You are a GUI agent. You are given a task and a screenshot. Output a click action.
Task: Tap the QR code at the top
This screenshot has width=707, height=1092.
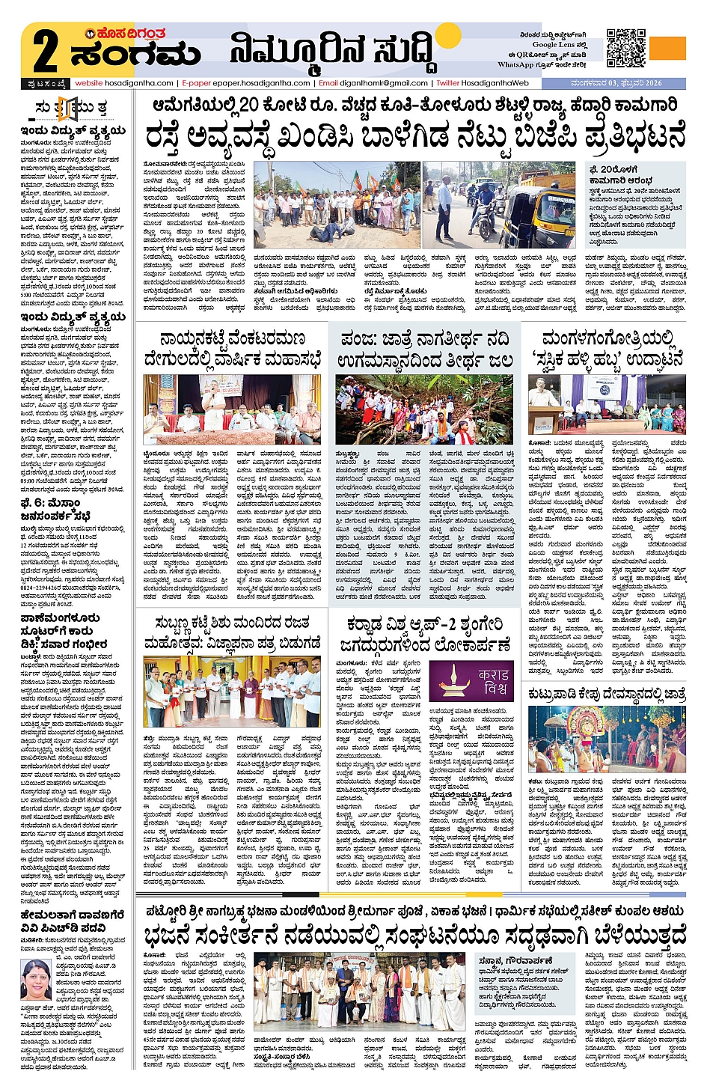click(x=625, y=48)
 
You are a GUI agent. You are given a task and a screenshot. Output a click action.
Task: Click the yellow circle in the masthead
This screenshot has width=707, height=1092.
click(x=447, y=37)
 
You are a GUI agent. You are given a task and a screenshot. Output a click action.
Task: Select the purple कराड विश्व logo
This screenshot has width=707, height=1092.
click(x=472, y=680)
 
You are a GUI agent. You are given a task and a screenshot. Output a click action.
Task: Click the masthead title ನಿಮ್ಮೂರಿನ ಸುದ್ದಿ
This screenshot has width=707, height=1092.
click(x=332, y=52)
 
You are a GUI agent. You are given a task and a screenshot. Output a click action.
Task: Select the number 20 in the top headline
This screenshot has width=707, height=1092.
click(x=249, y=104)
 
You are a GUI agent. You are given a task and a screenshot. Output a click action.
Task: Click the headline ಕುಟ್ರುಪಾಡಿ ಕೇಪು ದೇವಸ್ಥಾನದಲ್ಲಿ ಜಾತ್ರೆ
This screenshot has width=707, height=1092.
click(x=606, y=694)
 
